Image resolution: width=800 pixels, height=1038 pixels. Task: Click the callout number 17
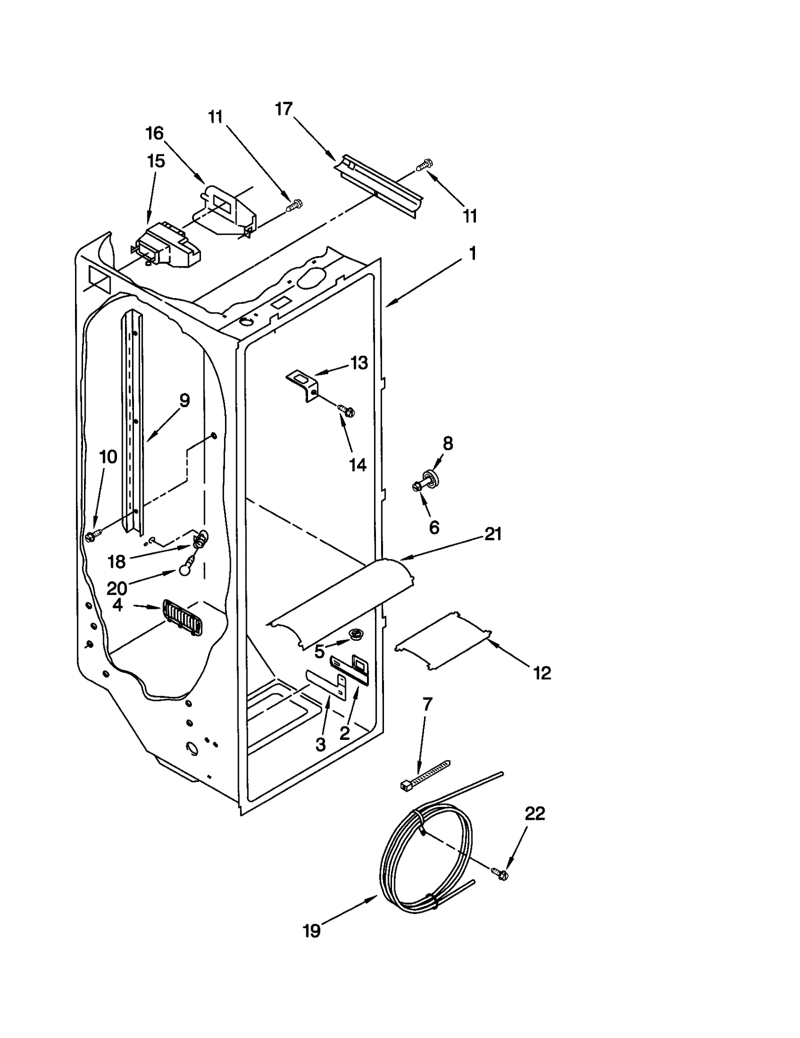point(283,109)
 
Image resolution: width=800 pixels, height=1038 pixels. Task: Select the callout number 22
point(534,814)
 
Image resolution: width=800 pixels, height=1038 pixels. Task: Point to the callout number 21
point(492,534)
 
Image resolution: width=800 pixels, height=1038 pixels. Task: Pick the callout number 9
point(184,400)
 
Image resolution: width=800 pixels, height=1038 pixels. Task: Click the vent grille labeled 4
point(182,618)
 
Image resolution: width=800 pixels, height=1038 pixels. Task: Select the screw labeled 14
point(346,412)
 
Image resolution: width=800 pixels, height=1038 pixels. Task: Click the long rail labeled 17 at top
point(379,188)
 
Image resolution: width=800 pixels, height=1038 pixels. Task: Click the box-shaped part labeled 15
point(167,248)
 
